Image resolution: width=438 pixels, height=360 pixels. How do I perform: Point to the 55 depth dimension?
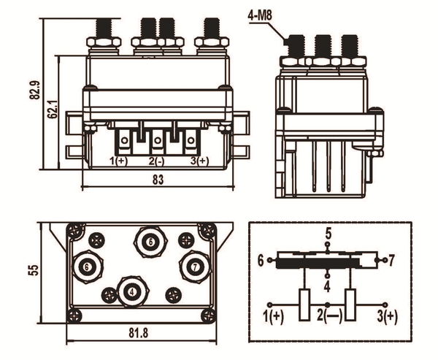pos(33,269)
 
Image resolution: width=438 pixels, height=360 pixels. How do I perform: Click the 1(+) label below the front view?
pos(119,160)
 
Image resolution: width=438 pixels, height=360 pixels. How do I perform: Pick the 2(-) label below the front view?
pos(157,160)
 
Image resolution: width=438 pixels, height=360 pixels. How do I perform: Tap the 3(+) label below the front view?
pos(199,160)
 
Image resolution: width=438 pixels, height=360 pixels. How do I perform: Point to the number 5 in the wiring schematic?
pos(328,234)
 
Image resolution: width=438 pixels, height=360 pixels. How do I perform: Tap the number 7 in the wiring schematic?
pos(391,260)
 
